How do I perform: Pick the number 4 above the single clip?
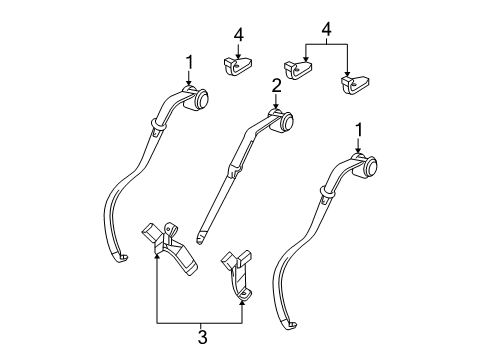point(238,35)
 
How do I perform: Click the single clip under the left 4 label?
point(236,68)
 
